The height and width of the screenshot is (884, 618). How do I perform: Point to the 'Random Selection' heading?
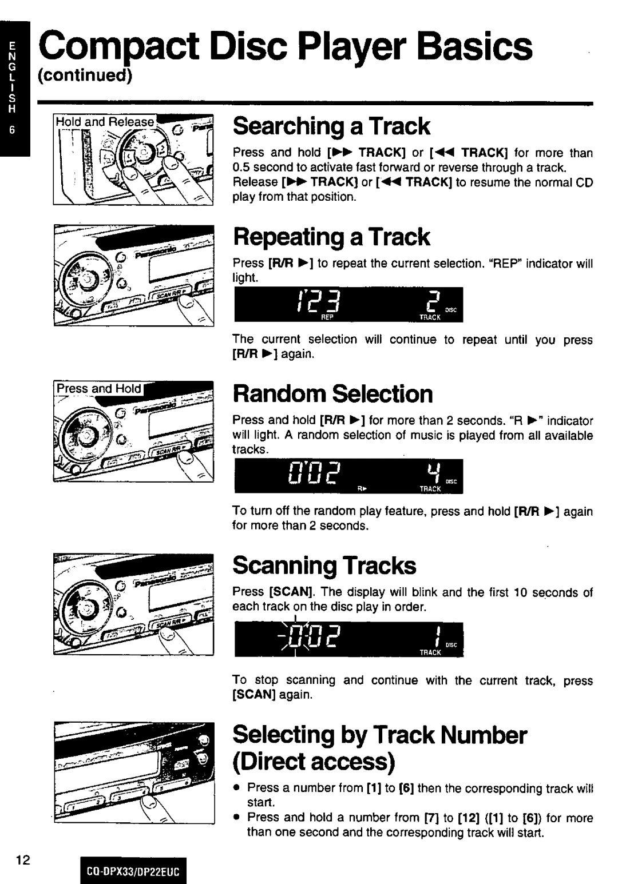332,394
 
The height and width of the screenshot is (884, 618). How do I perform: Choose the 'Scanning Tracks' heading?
324,566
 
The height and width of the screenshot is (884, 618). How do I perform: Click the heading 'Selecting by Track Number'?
379,735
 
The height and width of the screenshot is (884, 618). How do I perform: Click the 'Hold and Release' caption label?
105,122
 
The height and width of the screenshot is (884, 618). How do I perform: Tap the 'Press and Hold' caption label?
98,389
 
